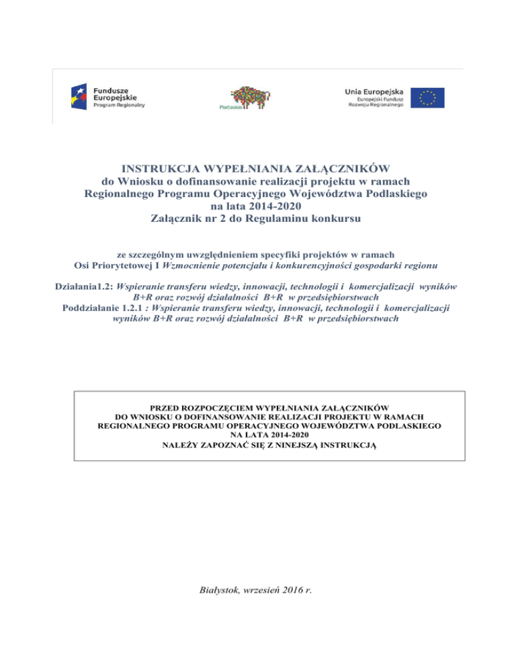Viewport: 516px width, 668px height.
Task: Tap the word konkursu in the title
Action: (339, 218)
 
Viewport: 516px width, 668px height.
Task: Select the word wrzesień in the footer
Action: (260, 591)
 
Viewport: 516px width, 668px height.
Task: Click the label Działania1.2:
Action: (83, 286)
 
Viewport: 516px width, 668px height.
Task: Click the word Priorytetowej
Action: (122, 265)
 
